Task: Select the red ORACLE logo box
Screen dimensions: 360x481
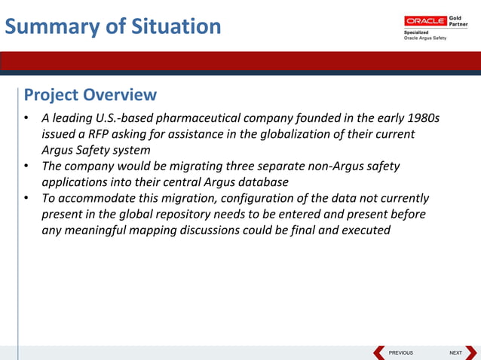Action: click(x=425, y=20)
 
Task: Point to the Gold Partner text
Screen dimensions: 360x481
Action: click(x=458, y=20)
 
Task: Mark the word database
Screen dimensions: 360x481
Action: click(x=262, y=182)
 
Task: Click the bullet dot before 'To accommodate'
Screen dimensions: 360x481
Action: click(x=26, y=199)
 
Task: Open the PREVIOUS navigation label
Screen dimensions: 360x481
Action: click(x=400, y=352)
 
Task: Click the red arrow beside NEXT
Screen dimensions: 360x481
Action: click(x=471, y=352)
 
